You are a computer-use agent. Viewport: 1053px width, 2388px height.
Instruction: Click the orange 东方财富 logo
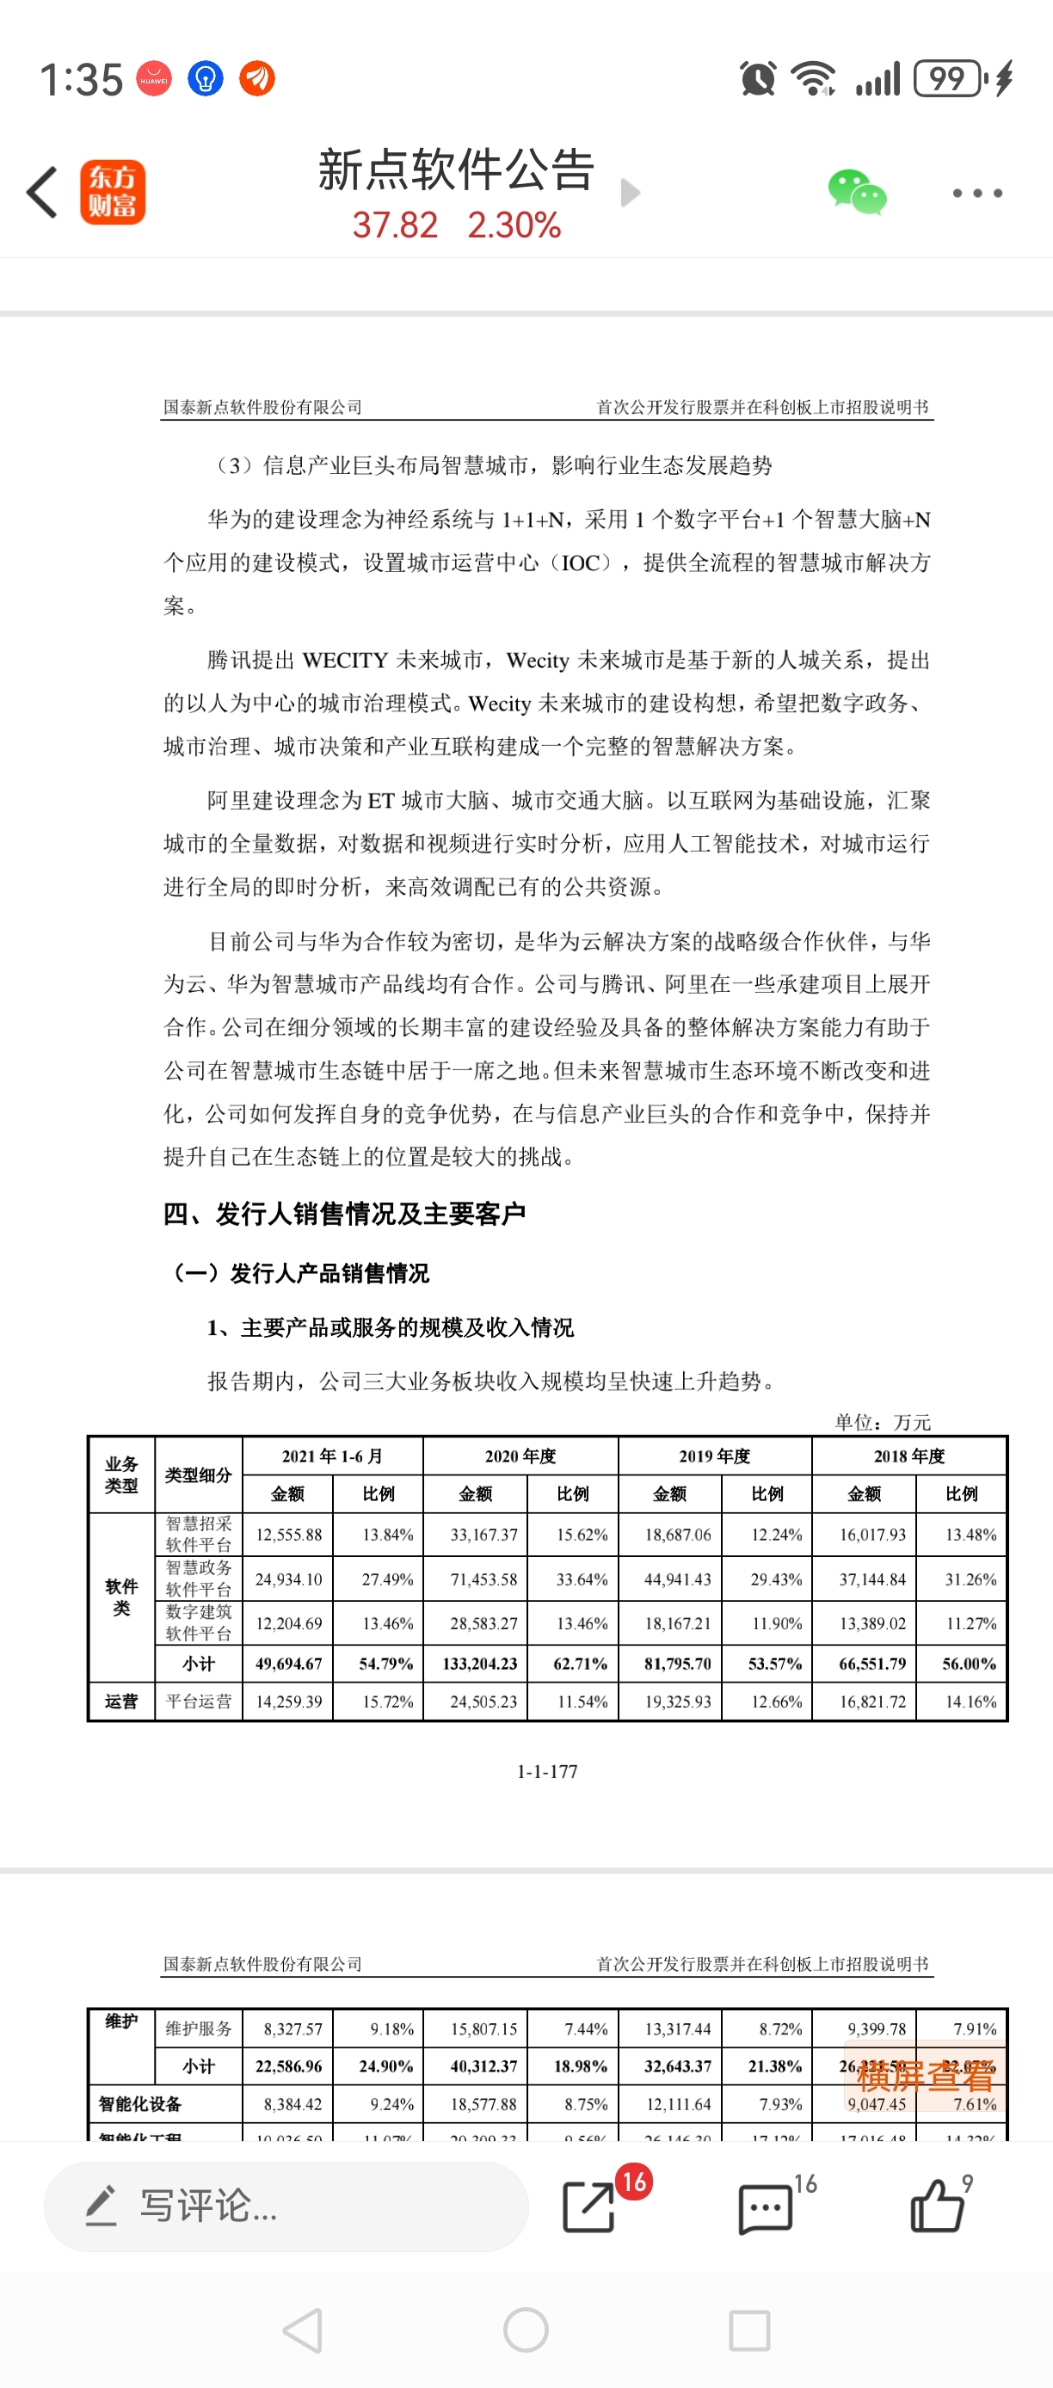[112, 192]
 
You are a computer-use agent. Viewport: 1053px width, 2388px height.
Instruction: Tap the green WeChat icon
[857, 192]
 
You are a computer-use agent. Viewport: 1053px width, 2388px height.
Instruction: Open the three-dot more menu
[977, 193]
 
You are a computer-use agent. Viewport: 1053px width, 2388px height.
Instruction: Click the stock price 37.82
[395, 225]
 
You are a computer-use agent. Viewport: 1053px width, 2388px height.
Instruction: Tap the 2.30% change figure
[514, 225]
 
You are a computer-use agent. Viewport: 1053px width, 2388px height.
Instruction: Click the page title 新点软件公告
[455, 169]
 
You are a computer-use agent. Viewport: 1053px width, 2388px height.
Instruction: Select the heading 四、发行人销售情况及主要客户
[345, 1214]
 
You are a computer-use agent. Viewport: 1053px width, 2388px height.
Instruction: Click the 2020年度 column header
[520, 1456]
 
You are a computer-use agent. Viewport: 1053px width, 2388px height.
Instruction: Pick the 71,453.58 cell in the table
[483, 1579]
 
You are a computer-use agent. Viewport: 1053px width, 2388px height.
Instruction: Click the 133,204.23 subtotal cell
[479, 1664]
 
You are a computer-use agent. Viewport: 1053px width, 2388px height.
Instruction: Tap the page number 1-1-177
[547, 1771]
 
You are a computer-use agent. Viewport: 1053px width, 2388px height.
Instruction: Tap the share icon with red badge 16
[589, 2206]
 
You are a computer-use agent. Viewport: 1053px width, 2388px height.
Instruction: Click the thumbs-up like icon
[936, 2206]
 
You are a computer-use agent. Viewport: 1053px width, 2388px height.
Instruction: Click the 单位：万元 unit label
[883, 1422]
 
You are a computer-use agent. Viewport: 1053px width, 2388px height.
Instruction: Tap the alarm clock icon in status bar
[757, 79]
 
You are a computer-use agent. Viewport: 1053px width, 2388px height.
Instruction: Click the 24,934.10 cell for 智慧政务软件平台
[288, 1579]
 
